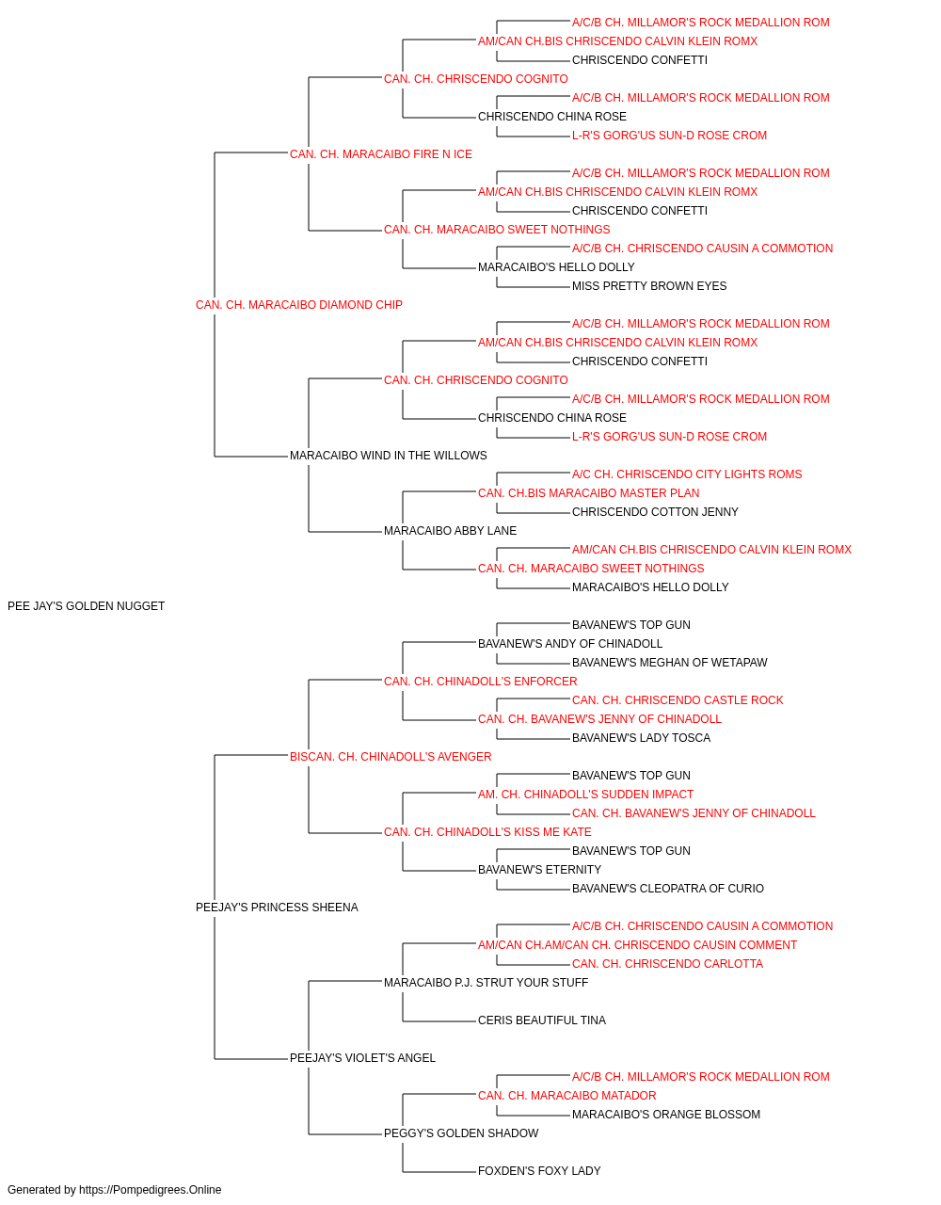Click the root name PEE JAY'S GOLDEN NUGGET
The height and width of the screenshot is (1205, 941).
86,606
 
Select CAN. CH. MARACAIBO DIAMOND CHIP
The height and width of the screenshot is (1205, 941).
298,305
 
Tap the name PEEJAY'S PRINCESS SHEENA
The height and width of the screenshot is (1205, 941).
277,908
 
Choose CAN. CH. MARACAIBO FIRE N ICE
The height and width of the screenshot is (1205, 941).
381,154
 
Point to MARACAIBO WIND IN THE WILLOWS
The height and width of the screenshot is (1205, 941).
388,456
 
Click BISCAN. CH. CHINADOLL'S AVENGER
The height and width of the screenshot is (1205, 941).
391,756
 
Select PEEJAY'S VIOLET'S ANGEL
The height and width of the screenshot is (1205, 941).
362,1058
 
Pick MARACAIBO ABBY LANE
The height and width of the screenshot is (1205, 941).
450,531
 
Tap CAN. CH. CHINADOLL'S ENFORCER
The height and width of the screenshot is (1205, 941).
481,681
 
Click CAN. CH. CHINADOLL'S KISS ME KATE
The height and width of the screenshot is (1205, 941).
487,832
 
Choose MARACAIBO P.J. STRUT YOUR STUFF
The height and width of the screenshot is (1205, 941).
486,983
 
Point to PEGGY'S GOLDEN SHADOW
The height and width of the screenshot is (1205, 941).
461,1133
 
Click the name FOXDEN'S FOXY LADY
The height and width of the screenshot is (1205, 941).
539,1171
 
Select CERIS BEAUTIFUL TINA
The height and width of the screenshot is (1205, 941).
542,1020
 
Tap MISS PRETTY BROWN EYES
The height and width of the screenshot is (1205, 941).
649,286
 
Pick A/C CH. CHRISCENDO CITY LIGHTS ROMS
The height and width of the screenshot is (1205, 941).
687,474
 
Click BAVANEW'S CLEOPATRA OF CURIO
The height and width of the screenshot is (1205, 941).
668,889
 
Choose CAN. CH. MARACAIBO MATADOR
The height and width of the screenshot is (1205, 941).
566,1096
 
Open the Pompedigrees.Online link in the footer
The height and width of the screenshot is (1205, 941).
151,1190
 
